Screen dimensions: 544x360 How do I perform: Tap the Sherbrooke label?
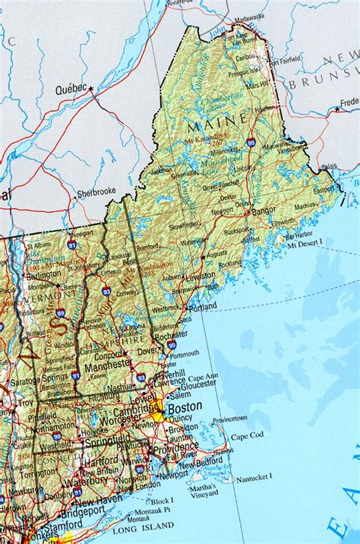tap(96, 194)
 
